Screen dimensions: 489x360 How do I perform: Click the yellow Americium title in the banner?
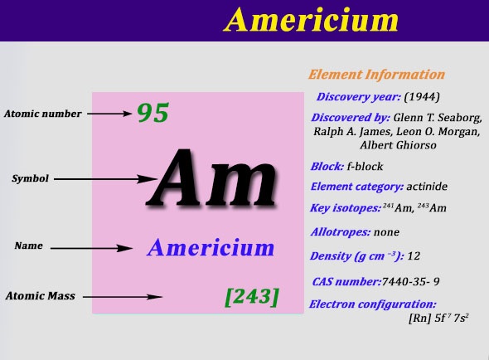click(x=311, y=20)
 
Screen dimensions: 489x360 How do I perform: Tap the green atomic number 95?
click(x=153, y=113)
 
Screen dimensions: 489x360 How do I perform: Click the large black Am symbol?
click(x=211, y=178)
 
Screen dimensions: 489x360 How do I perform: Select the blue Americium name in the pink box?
click(x=211, y=247)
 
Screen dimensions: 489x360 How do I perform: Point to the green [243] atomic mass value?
click(x=252, y=297)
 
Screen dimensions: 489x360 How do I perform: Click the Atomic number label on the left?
click(x=43, y=114)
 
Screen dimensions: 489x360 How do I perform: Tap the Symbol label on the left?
click(x=30, y=178)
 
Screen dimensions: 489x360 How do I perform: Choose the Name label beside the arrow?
click(x=28, y=246)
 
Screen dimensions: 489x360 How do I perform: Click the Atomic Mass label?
click(x=41, y=295)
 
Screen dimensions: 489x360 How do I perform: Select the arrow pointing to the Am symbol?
click(x=105, y=179)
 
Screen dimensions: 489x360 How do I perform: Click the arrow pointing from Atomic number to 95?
click(x=109, y=114)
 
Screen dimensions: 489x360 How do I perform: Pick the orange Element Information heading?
click(x=376, y=75)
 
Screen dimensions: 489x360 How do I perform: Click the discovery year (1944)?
click(x=422, y=97)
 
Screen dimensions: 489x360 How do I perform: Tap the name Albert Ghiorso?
click(x=398, y=145)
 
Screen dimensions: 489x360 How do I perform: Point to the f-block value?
click(x=365, y=167)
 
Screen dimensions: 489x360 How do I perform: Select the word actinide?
click(x=427, y=187)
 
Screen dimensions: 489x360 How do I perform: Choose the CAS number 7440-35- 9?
click(x=410, y=282)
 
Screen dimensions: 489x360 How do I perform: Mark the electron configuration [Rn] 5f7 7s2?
click(x=438, y=319)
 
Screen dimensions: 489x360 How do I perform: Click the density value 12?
click(x=414, y=256)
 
